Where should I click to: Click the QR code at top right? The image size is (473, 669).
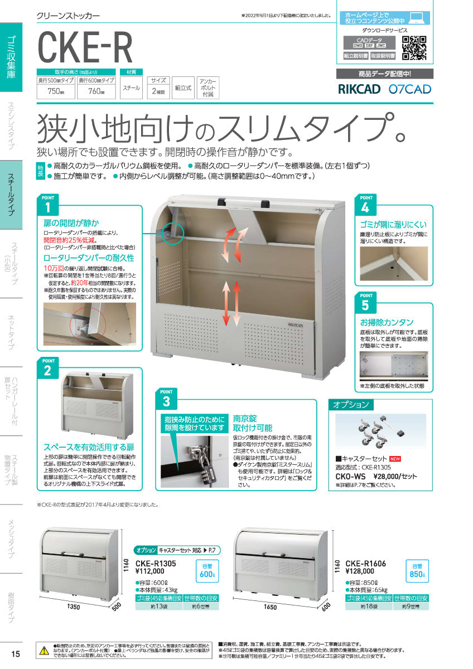414,47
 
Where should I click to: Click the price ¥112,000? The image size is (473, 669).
149,571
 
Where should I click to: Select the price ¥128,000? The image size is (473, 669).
361,571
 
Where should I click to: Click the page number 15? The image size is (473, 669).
15,654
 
